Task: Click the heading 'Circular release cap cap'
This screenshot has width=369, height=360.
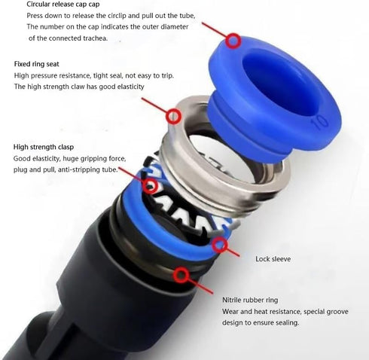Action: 68,5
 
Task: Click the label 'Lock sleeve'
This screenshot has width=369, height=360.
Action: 273,258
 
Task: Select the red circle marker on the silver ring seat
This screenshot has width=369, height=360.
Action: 174,116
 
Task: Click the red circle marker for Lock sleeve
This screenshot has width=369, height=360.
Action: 219,244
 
